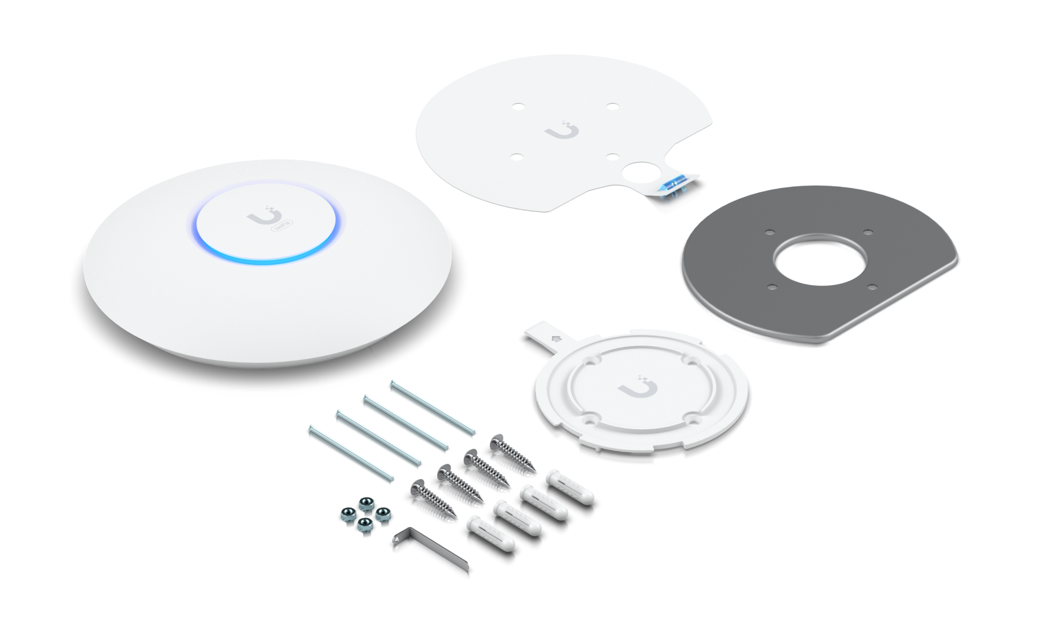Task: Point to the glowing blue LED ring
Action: point(266,260)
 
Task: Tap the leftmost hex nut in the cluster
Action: point(346,515)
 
